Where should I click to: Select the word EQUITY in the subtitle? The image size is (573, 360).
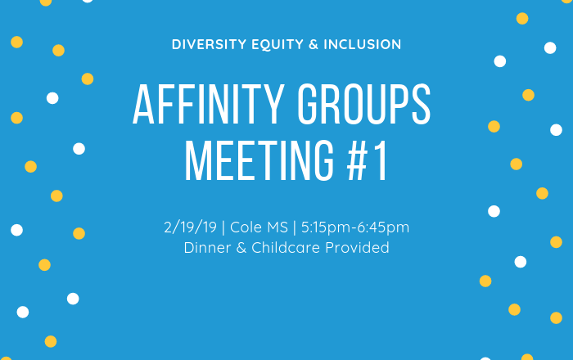[277, 44]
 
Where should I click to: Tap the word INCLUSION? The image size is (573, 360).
[363, 44]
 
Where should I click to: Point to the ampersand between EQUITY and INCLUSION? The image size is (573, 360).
[314, 44]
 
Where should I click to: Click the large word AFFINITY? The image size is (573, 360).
[209, 105]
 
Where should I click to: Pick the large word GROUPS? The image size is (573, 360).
[364, 105]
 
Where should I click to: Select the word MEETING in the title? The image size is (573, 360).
[259, 160]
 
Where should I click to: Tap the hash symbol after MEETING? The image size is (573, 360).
[357, 161]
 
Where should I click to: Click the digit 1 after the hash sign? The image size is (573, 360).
[381, 161]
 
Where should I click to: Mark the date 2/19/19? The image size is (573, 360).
[191, 227]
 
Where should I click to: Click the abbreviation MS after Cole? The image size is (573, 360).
[277, 227]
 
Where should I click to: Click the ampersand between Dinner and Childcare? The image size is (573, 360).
[241, 248]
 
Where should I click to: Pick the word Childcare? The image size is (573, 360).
[286, 248]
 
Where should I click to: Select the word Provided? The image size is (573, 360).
[357, 248]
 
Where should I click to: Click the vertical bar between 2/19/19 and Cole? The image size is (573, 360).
[223, 227]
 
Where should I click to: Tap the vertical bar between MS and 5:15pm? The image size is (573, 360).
[295, 227]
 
